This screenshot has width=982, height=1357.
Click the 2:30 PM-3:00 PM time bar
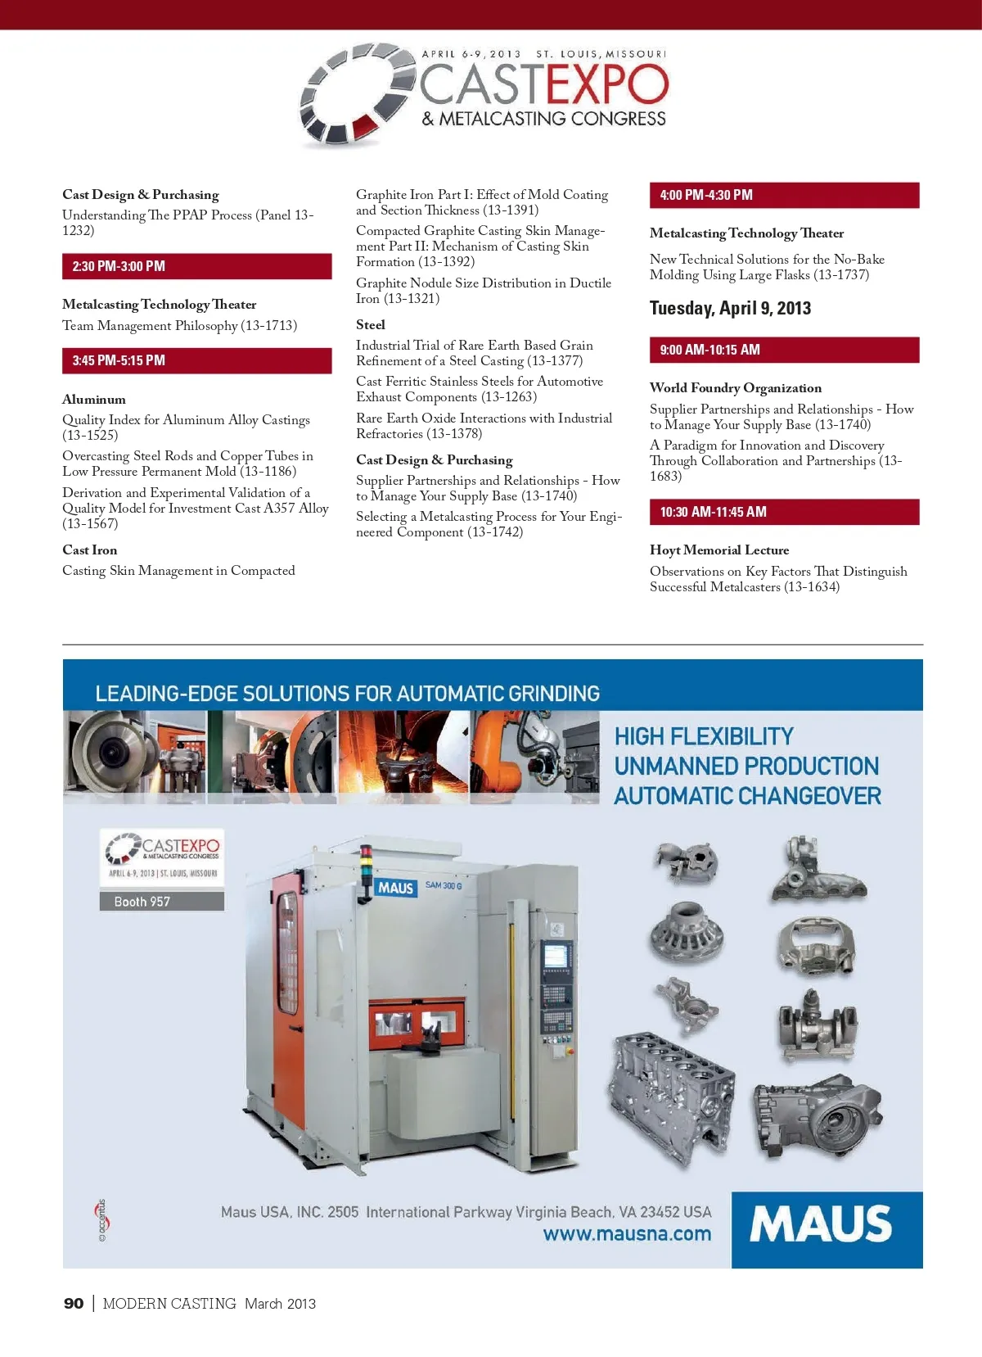[196, 266]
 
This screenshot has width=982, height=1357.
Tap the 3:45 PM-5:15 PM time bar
[196, 360]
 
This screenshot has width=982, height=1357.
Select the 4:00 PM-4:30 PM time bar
[784, 195]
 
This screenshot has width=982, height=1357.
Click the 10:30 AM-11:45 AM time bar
[784, 512]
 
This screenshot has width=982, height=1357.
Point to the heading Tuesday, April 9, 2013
[730, 309]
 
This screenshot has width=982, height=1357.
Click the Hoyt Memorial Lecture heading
[719, 550]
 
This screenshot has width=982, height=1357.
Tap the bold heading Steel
[371, 325]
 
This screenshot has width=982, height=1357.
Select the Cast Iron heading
[90, 550]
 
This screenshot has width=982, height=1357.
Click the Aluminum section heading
[94, 400]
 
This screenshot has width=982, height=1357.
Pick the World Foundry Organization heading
[736, 388]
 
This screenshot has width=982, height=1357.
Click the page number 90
[74, 1303]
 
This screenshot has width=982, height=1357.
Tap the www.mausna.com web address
[627, 1234]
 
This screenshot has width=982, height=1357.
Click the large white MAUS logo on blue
[821, 1224]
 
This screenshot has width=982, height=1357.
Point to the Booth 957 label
[142, 902]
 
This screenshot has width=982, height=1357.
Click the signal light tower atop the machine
[366, 862]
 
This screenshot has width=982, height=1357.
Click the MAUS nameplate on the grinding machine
[396, 888]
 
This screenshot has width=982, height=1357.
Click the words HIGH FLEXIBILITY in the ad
[704, 736]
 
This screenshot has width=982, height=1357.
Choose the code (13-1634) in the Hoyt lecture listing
[812, 587]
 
